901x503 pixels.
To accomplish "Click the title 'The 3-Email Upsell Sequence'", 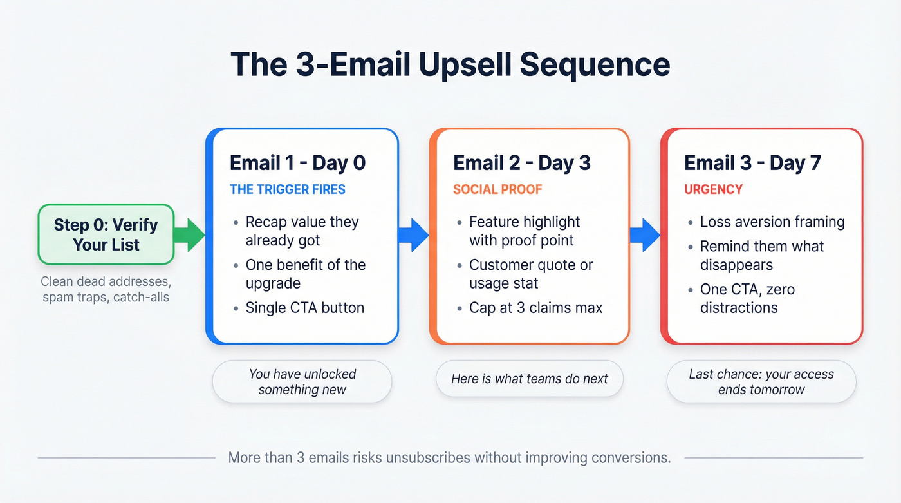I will tap(450, 64).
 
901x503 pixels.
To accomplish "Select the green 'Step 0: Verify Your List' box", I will tap(106, 234).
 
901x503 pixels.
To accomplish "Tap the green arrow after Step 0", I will tap(190, 234).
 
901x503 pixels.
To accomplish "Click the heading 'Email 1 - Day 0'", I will tap(297, 163).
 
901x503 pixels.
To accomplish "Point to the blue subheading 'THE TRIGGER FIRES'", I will tap(287, 189).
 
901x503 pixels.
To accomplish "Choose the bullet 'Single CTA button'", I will tap(304, 308).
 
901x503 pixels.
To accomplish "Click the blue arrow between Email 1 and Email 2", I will tap(413, 234).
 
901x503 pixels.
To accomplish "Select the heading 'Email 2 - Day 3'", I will tap(521, 163).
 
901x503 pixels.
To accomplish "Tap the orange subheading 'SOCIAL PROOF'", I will tap(497, 189).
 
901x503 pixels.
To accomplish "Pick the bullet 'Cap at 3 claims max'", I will tap(535, 308).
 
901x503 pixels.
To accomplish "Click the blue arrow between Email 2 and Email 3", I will tap(645, 234).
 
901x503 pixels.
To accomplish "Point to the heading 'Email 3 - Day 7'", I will tap(752, 163).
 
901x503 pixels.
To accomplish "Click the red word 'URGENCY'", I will tap(713, 189).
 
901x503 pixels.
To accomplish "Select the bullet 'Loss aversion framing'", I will tap(772, 222).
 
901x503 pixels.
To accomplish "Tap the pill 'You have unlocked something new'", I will tap(302, 381).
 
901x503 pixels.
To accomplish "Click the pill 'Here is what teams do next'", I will tap(529, 379).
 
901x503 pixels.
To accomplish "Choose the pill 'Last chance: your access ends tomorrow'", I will tap(761, 381).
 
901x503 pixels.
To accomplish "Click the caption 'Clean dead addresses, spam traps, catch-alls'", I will tap(106, 290).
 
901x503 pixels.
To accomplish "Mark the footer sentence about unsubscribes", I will tap(449, 458).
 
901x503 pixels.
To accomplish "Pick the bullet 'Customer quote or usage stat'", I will tap(531, 274).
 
